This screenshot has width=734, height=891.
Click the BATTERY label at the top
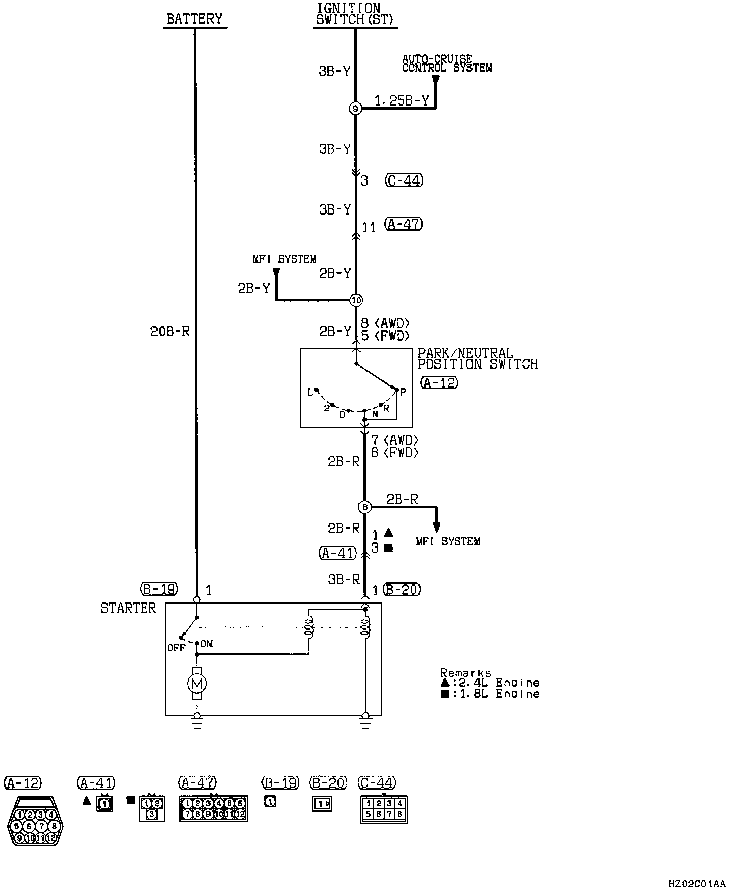click(x=195, y=19)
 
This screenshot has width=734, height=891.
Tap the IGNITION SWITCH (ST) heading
click(x=355, y=14)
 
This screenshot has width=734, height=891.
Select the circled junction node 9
click(x=355, y=108)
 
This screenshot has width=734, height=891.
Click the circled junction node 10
click(x=356, y=300)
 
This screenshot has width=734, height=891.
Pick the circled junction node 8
click(x=364, y=507)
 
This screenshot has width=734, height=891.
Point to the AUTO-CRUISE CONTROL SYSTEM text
click(x=447, y=64)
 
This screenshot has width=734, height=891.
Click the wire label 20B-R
click(x=170, y=332)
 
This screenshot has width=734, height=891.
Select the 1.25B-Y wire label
click(x=402, y=101)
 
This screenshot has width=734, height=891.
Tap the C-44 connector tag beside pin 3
click(x=404, y=180)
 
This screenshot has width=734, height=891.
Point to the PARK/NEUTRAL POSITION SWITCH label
click(x=477, y=358)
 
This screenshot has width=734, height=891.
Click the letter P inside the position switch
click(x=403, y=392)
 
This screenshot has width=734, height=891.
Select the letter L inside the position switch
click(x=310, y=392)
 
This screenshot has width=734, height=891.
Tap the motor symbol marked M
click(x=197, y=683)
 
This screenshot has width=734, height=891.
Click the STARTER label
click(x=128, y=608)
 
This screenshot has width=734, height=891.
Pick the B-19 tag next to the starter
click(x=159, y=589)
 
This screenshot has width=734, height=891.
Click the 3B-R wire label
click(x=344, y=579)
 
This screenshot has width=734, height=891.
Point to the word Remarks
click(x=465, y=673)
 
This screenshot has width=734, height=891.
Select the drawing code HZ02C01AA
click(x=697, y=883)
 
